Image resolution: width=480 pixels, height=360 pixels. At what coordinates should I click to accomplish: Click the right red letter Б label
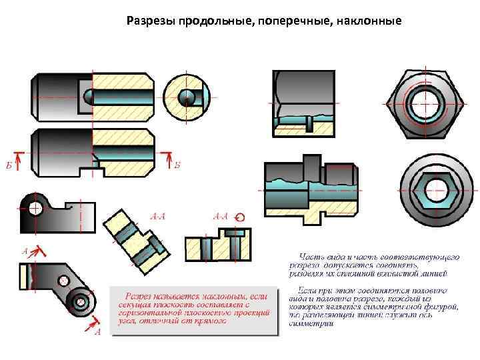(177, 165)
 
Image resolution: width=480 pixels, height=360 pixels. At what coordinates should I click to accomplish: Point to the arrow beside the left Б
(19, 158)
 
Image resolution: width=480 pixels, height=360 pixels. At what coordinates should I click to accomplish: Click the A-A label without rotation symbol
(159, 216)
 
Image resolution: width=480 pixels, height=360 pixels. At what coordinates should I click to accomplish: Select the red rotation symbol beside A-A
(241, 217)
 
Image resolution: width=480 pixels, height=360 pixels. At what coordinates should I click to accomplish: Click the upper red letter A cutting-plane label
(25, 252)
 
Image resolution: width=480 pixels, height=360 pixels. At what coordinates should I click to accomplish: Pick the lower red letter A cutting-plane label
(97, 331)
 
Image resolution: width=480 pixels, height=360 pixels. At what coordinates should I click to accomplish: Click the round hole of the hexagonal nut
(423, 104)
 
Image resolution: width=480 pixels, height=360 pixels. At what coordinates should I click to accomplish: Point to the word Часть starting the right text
(312, 255)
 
